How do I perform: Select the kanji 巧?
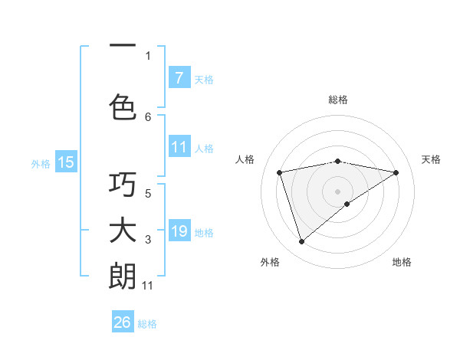click(123, 185)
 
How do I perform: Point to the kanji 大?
click(123, 231)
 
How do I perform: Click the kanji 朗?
click(123, 277)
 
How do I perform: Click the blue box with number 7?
click(179, 77)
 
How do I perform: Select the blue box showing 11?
click(179, 147)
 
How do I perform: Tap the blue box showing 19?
click(179, 231)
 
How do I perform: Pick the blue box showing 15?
click(66, 162)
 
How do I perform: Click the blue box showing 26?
click(123, 322)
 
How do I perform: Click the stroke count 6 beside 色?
click(148, 116)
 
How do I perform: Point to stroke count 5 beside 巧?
click(148, 193)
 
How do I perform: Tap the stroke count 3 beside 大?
click(148, 240)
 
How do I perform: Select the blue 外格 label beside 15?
click(41, 163)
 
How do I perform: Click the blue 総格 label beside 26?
click(147, 324)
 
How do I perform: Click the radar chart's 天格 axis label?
click(431, 159)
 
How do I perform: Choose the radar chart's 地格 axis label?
click(402, 262)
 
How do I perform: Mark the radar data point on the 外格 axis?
click(301, 242)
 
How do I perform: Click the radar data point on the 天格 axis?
click(396, 172)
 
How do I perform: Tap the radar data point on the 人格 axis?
click(280, 172)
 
